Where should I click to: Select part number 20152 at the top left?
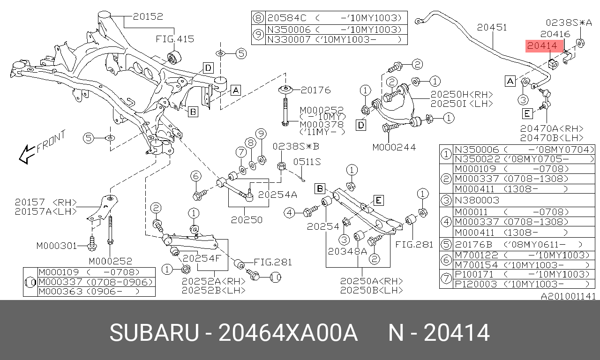click(x=148, y=16)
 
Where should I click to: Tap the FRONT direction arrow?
click(x=42, y=147)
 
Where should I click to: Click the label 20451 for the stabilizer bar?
click(x=492, y=28)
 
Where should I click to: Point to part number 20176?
click(x=315, y=90)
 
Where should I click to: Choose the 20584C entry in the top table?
click(x=286, y=18)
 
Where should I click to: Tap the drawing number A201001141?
click(x=568, y=296)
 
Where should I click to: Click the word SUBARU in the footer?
click(x=154, y=333)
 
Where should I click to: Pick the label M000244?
click(x=394, y=147)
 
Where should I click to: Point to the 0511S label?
click(x=307, y=162)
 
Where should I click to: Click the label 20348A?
click(x=347, y=251)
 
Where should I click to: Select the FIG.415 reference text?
click(x=175, y=39)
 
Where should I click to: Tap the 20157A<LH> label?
click(x=45, y=211)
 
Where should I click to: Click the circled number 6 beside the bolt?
click(x=196, y=176)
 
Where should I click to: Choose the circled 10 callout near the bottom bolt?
click(x=276, y=277)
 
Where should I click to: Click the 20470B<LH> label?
click(x=551, y=138)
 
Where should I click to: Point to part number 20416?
click(x=555, y=34)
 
